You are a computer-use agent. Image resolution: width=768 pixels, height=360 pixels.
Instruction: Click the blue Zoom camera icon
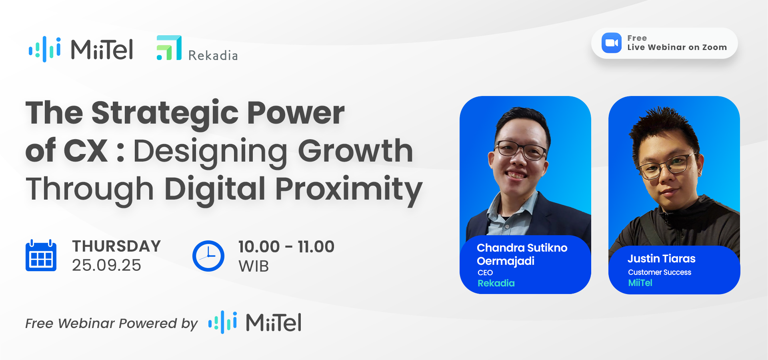[x=611, y=43]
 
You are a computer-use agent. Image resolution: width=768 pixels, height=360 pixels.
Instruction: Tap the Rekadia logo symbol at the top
[x=169, y=48]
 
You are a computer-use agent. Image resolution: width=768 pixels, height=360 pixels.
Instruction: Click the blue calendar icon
[x=41, y=256]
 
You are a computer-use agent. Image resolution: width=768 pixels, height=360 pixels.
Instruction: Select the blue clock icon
[x=208, y=256]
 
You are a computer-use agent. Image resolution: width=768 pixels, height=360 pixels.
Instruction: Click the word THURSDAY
[x=116, y=246]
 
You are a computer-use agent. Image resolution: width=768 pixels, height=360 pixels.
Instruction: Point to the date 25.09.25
[x=106, y=265]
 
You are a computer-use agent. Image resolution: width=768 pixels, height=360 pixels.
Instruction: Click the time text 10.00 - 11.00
[x=286, y=247]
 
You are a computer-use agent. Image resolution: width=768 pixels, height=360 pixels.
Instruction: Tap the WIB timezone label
[x=254, y=266]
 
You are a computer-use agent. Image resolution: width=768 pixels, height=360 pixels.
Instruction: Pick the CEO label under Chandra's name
[x=485, y=273]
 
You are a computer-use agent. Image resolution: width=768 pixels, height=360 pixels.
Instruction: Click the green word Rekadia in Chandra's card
[x=496, y=283]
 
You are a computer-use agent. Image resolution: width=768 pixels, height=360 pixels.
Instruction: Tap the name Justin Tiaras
[x=661, y=259]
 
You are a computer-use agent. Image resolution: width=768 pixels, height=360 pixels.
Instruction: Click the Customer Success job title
[x=659, y=272]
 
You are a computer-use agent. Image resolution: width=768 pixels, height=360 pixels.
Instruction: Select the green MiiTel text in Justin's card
[x=640, y=283]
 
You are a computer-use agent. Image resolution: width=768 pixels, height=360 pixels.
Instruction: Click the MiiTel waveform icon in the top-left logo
[x=45, y=49]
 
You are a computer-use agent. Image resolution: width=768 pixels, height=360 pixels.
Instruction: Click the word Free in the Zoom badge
[x=637, y=38]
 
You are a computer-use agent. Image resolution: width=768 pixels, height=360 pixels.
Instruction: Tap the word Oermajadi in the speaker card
[x=506, y=261]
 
